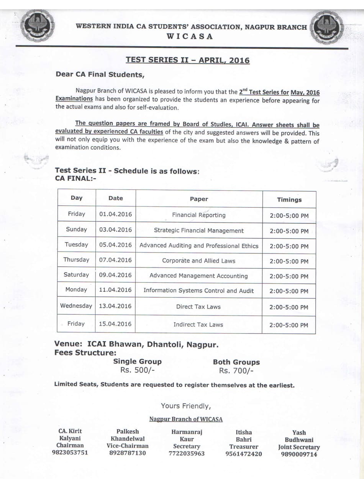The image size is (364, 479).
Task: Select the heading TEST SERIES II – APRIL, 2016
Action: [187, 60]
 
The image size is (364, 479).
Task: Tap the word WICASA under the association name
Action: [190, 36]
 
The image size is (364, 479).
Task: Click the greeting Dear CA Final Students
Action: [100, 74]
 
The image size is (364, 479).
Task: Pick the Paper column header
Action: [199, 199]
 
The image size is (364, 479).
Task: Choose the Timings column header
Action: [289, 200]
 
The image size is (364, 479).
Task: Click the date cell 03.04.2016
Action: [115, 230]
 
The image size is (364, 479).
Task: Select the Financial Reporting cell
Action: [199, 215]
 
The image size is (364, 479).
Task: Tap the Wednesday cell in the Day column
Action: [76, 306]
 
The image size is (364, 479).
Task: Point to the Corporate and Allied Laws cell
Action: [198, 261]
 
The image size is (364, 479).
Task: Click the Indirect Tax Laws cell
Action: [198, 325]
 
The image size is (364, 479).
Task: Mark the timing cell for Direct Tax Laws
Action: [289, 307]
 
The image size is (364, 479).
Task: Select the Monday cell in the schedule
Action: [76, 290]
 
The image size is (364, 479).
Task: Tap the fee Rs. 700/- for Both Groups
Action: [236, 371]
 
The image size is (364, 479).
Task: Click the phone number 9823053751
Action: [70, 453]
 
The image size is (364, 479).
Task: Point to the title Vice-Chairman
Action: [128, 446]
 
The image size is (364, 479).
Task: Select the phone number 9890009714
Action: [299, 454]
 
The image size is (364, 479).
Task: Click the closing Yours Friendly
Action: [186, 406]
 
